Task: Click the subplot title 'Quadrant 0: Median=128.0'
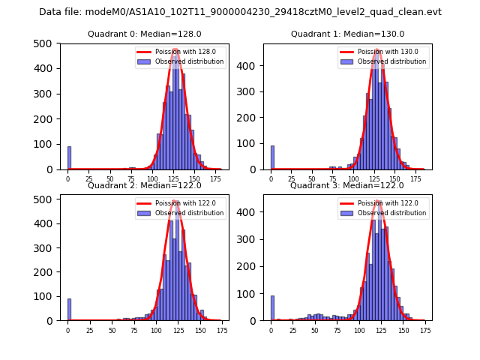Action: pyautogui.click(x=144, y=34)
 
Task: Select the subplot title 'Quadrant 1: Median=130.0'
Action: pyautogui.click(x=347, y=34)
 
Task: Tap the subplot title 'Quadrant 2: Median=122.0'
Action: pyautogui.click(x=144, y=185)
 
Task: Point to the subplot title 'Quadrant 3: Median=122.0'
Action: pyautogui.click(x=347, y=185)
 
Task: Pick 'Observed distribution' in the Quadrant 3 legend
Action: pyautogui.click(x=392, y=213)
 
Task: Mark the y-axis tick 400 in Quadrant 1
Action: pyautogui.click(x=252, y=65)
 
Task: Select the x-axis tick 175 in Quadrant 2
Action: pyautogui.click(x=221, y=329)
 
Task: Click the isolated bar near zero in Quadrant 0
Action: pyautogui.click(x=69, y=158)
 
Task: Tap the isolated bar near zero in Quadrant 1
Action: pyautogui.click(x=272, y=157)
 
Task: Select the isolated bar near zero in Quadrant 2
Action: pyautogui.click(x=69, y=310)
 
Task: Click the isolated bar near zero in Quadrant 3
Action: pyautogui.click(x=272, y=308)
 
